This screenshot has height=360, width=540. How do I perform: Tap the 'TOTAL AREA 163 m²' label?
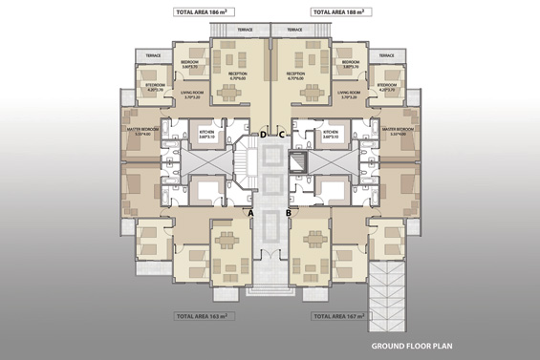pos(203,313)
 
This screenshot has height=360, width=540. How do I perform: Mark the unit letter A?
pos(250,213)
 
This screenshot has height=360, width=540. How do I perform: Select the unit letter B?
pos(289,213)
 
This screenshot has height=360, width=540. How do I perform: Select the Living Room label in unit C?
pos(349,95)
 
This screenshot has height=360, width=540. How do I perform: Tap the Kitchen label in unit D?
pos(207,133)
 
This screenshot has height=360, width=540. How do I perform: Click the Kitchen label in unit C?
pos(331,133)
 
